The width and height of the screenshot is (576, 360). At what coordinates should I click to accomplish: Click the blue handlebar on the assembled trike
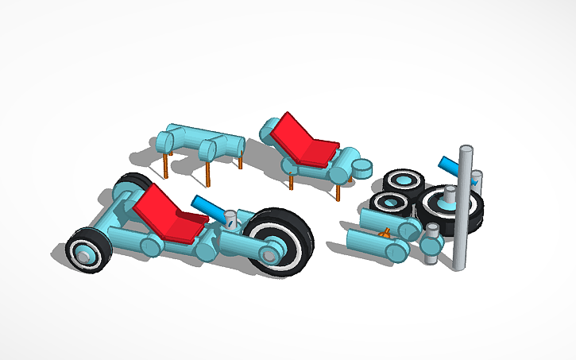(209, 209)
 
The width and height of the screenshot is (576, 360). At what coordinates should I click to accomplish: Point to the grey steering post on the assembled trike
(231, 219)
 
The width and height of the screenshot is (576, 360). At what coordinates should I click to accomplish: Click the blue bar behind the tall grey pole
(450, 167)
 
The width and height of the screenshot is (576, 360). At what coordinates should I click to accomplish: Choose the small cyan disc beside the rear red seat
(362, 168)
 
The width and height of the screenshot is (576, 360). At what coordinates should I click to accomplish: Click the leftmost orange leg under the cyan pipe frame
(165, 165)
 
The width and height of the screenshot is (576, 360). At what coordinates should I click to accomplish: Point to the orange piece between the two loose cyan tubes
(385, 234)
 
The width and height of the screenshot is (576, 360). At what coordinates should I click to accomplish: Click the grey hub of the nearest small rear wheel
(83, 256)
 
